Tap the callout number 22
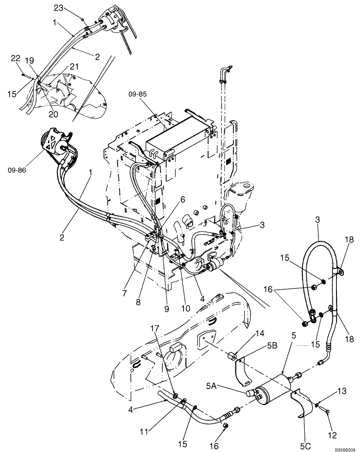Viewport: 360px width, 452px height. pyautogui.click(x=16, y=58)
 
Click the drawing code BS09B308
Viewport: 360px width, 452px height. pyautogui.click(x=344, y=447)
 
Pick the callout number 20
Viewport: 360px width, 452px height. pyautogui.click(x=53, y=115)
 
